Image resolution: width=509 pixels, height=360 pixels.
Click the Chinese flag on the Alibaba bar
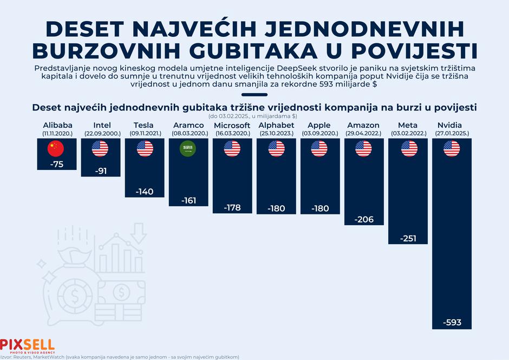56,148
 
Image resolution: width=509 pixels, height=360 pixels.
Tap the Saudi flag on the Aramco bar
190,148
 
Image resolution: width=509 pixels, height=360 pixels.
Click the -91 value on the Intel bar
101,171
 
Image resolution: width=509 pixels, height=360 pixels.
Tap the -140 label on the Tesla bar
145,191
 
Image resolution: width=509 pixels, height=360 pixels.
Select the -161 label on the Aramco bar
190,200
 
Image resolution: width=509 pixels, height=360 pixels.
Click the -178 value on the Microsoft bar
233,208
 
